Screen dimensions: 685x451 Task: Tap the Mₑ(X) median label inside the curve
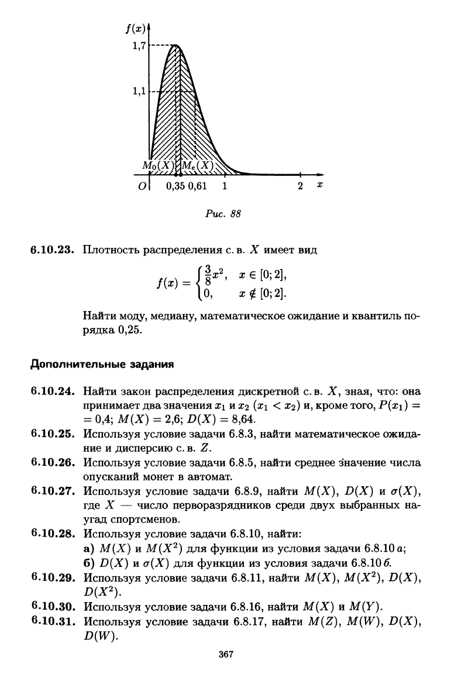(196, 165)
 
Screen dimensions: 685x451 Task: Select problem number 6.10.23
(54, 251)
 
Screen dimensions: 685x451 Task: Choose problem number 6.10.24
(54, 390)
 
